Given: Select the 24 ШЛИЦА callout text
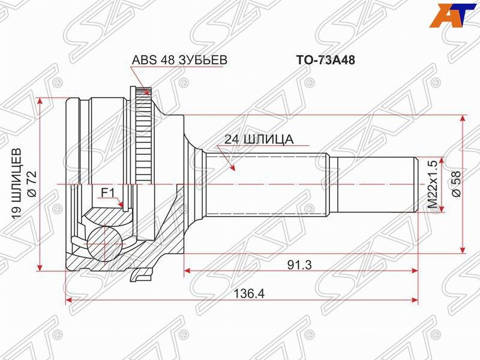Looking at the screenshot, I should click(x=259, y=139).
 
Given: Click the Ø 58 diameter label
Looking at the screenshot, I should click(x=455, y=184).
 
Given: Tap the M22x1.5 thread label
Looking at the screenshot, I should click(x=431, y=184).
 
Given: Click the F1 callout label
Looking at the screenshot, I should click(x=107, y=192).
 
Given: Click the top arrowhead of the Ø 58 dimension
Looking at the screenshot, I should click(x=461, y=118).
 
